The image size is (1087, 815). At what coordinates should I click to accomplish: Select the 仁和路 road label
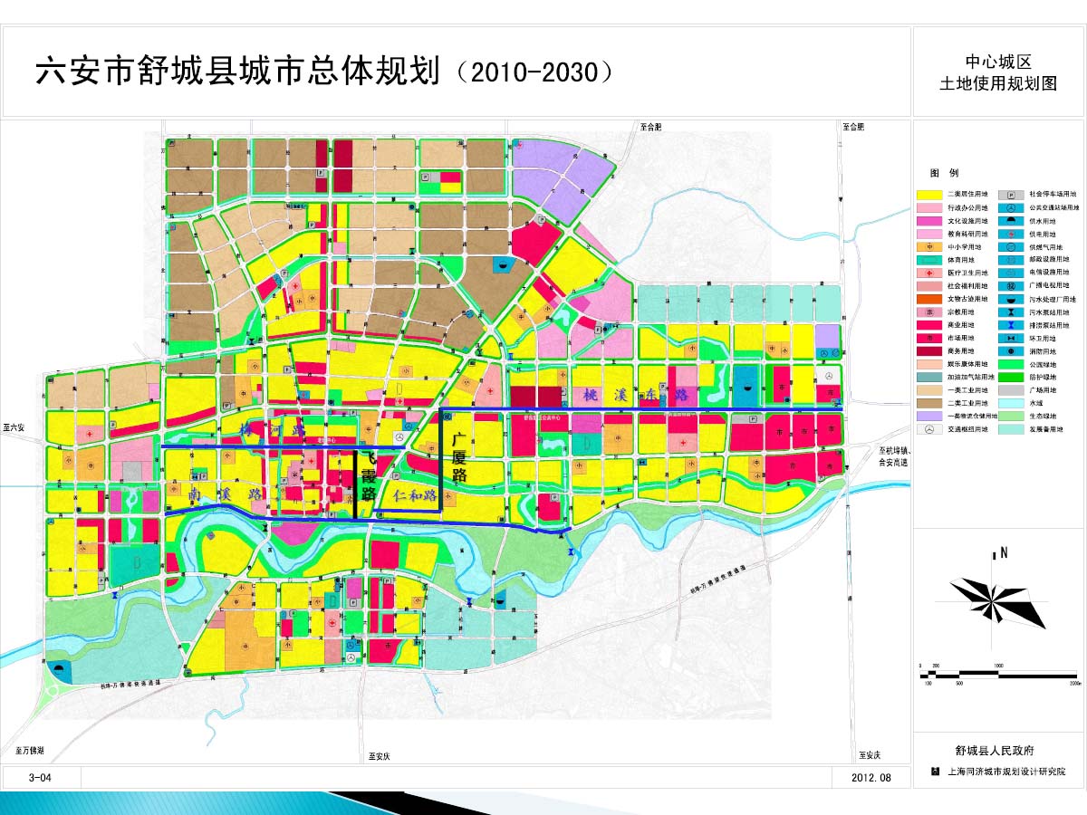[416, 496]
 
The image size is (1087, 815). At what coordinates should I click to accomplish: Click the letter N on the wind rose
[1005, 553]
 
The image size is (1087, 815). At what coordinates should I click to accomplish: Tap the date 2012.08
[871, 778]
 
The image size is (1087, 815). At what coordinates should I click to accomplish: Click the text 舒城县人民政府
[995, 751]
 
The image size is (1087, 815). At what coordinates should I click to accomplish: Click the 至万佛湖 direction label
[29, 751]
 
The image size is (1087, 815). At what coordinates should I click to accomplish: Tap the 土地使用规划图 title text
[998, 84]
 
